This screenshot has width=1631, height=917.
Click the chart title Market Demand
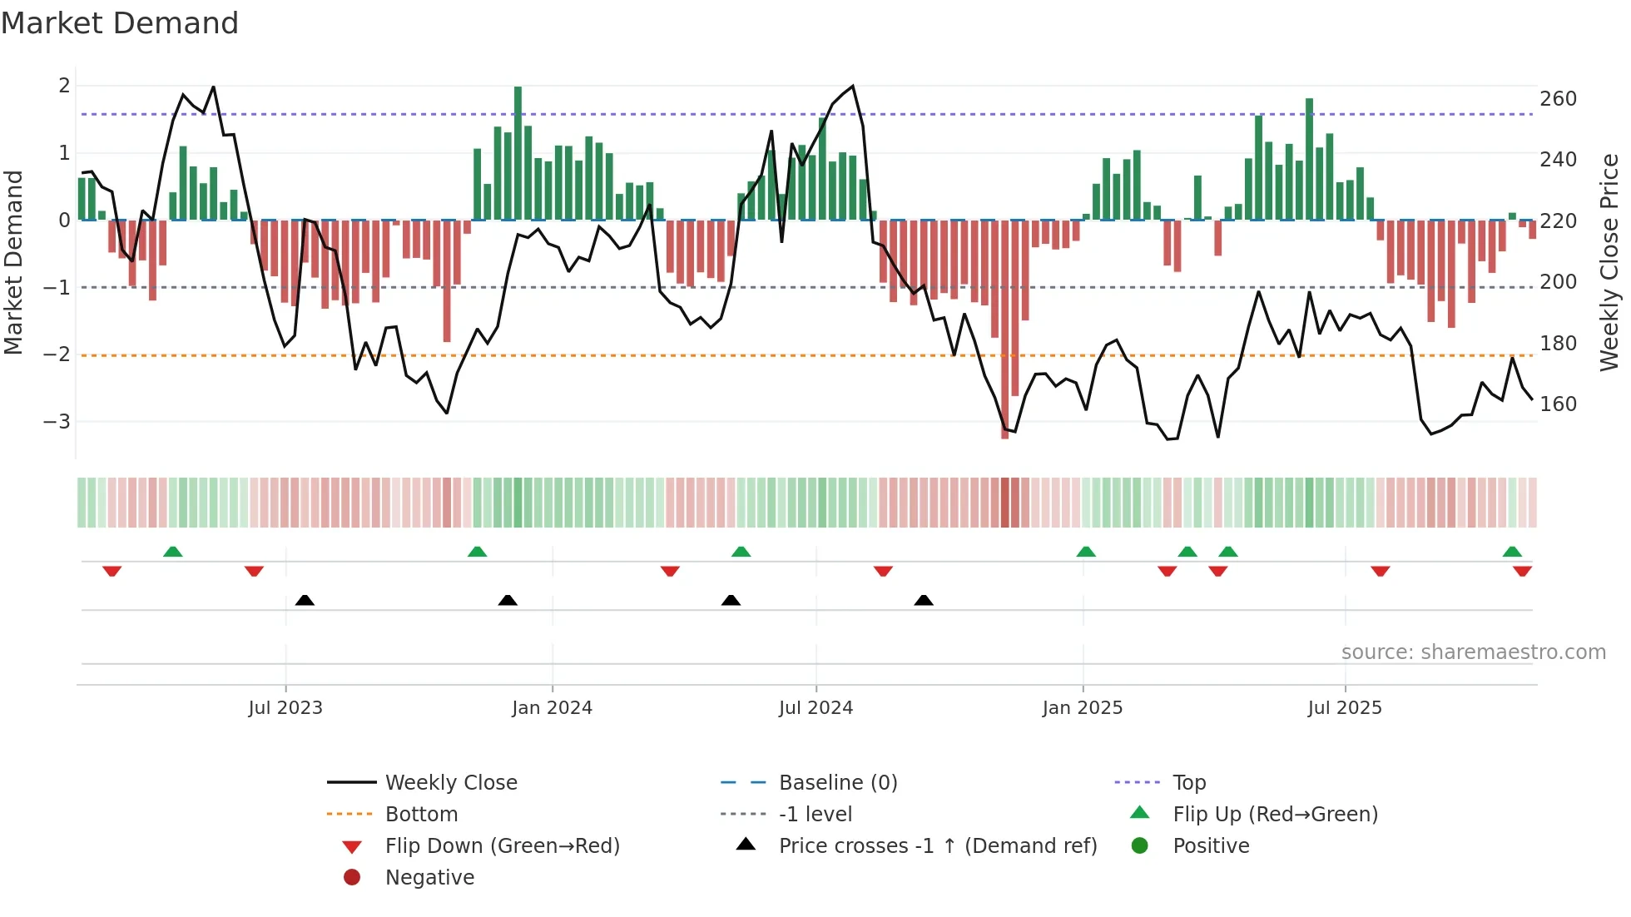click(x=120, y=23)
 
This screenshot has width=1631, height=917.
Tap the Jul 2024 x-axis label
click(x=815, y=708)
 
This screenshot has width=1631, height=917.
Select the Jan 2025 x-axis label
click(x=1082, y=708)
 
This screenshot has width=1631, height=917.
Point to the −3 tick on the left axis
click(x=57, y=422)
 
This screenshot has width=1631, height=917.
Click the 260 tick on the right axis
click(x=1558, y=99)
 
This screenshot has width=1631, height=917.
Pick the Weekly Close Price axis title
click(x=1609, y=262)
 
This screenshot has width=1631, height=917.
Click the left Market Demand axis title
click(x=14, y=262)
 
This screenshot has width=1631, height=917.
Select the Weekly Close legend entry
click(x=450, y=783)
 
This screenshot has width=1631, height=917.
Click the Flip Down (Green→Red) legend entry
click(x=502, y=846)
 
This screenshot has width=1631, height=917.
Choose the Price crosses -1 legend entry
click(x=937, y=846)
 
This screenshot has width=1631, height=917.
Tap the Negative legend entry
click(x=429, y=878)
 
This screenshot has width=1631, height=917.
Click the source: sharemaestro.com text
click(x=1473, y=652)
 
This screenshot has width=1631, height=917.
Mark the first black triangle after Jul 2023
click(x=305, y=600)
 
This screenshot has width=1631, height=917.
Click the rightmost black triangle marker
click(x=923, y=600)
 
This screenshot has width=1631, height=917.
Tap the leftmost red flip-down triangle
click(x=112, y=571)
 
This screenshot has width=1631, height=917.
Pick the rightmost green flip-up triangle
click(x=1512, y=552)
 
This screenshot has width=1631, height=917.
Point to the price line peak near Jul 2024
click(x=852, y=87)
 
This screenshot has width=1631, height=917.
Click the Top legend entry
click(x=1188, y=783)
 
